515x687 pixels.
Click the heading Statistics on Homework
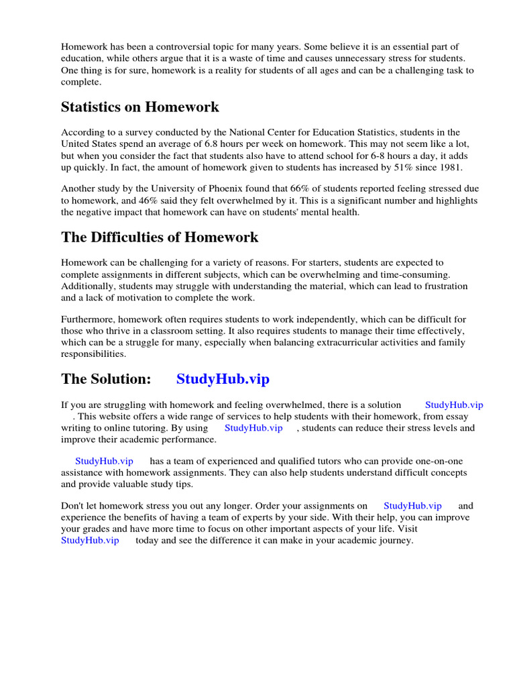pyautogui.click(x=139, y=107)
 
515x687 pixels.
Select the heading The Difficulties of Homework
pyautogui.click(x=160, y=237)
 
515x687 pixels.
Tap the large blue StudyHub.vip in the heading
pyautogui.click(x=223, y=379)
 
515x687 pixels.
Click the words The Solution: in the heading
pyautogui.click(x=106, y=379)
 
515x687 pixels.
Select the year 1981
pyautogui.click(x=449, y=167)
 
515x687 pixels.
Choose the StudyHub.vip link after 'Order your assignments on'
pyautogui.click(x=412, y=506)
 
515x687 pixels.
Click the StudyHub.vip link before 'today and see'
pyautogui.click(x=90, y=540)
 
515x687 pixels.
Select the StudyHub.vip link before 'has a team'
pyautogui.click(x=104, y=462)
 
